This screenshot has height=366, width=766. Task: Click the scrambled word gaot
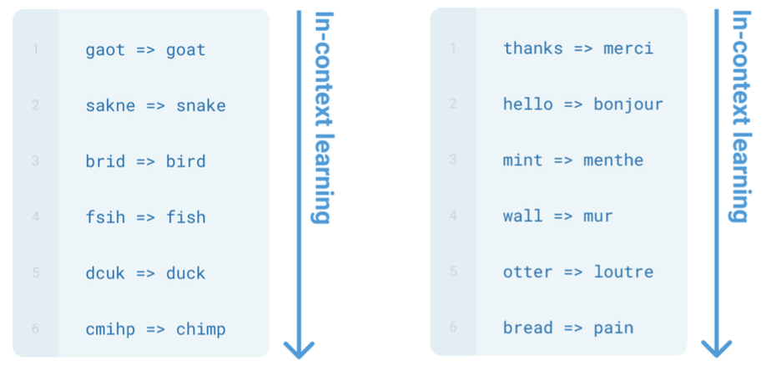(x=105, y=50)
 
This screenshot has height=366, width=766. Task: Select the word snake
(x=201, y=106)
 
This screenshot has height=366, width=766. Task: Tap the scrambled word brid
(x=105, y=161)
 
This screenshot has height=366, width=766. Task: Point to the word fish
(x=186, y=217)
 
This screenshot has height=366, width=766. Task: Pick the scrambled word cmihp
(x=110, y=329)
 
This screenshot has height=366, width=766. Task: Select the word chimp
(x=201, y=329)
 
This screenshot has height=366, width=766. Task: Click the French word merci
(x=628, y=48)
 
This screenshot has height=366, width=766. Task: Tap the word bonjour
(x=628, y=104)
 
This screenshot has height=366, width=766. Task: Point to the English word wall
(x=522, y=216)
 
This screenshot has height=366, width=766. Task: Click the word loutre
(x=623, y=272)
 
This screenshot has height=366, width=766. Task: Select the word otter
(x=527, y=272)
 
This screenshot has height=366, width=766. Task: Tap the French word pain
(x=613, y=328)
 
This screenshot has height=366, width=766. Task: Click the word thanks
(x=533, y=48)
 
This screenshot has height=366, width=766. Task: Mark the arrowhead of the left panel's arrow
(x=299, y=348)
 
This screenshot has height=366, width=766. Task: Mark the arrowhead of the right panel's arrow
(x=716, y=348)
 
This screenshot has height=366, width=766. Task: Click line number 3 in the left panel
(x=35, y=161)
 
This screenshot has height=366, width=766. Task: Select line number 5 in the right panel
(x=453, y=272)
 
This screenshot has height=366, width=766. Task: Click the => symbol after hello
(x=573, y=104)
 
